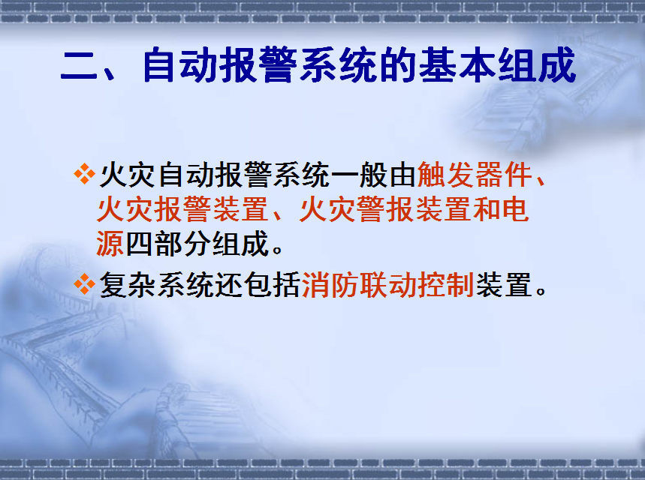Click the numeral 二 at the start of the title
click(x=79, y=67)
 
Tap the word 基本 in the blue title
click(x=457, y=65)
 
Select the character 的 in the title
click(x=399, y=65)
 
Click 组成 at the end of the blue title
click(x=536, y=65)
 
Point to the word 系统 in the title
click(x=338, y=65)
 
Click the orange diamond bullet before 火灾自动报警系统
click(x=84, y=174)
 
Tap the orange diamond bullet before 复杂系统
click(x=84, y=284)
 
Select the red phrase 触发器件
click(x=475, y=175)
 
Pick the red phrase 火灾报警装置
click(x=182, y=209)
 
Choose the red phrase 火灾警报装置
click(x=385, y=209)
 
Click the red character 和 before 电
click(x=486, y=209)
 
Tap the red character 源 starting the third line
click(x=110, y=244)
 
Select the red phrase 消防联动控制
click(x=388, y=285)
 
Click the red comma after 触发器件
click(x=541, y=180)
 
